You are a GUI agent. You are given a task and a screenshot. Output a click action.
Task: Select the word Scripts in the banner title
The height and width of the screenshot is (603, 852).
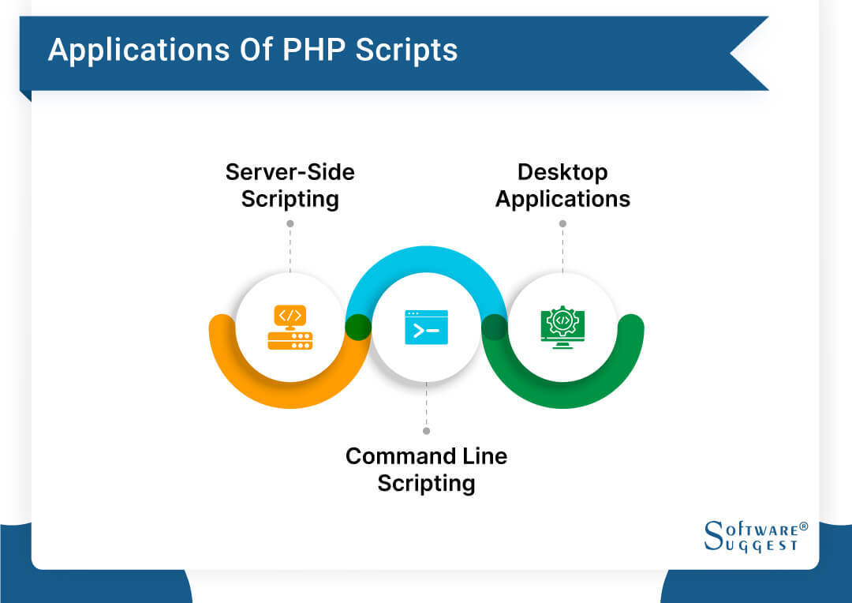pos(406,51)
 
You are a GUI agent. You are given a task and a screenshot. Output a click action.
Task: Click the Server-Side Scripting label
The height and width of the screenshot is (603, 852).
pos(290,185)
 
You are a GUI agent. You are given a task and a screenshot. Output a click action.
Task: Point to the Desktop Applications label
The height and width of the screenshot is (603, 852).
pos(562,185)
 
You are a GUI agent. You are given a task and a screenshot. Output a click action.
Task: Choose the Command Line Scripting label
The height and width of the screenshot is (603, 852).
pos(426,469)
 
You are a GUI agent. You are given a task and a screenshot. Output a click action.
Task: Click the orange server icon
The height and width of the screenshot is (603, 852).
pos(290,328)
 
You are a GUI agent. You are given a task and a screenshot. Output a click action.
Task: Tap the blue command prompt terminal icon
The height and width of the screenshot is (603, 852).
pos(426,327)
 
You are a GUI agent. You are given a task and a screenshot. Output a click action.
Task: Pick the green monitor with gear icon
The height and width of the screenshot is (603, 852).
pos(562,327)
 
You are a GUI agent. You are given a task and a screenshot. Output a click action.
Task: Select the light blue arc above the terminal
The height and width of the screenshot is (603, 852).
pos(426,257)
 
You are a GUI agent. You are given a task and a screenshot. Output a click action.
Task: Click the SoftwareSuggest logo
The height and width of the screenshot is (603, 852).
pos(750,536)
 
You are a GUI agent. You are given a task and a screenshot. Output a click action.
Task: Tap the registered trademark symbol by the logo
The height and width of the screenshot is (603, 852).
pos(803,525)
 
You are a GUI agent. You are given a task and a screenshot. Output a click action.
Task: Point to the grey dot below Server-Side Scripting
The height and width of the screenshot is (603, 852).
pos(290,223)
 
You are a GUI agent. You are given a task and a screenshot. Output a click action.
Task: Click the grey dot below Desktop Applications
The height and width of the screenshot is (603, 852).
pos(562,223)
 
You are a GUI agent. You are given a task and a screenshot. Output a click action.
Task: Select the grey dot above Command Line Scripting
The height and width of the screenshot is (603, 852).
pos(426,431)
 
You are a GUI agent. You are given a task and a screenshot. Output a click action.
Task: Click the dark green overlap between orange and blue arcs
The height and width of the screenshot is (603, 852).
pos(358,327)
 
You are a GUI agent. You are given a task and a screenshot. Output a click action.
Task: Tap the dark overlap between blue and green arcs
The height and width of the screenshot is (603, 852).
pos(494,327)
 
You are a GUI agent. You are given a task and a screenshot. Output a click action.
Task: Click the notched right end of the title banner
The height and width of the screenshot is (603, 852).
pos(749,54)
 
